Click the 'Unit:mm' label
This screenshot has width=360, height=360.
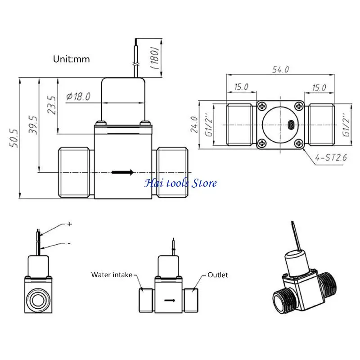[72, 59]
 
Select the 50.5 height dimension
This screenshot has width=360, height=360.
[14, 138]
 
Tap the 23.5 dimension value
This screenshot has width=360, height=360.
[52, 105]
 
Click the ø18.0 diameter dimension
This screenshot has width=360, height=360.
[78, 96]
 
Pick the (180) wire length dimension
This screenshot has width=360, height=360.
[153, 57]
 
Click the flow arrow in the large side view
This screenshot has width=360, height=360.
[123, 172]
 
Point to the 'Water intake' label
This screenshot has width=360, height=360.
[112, 274]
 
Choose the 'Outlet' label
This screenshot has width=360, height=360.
[218, 274]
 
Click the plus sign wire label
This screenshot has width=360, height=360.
[69, 224]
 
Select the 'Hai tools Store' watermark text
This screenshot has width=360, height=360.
[180, 183]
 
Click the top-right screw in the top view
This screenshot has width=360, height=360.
[299, 106]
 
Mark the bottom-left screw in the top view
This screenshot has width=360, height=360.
[262, 144]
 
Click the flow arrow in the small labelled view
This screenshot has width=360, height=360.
[170, 301]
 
